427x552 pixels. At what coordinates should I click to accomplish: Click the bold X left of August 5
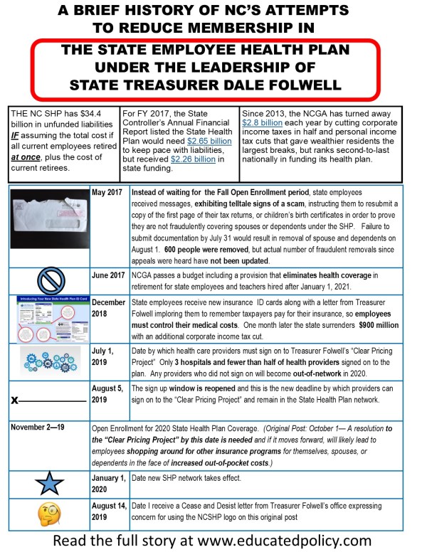point(15,400)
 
